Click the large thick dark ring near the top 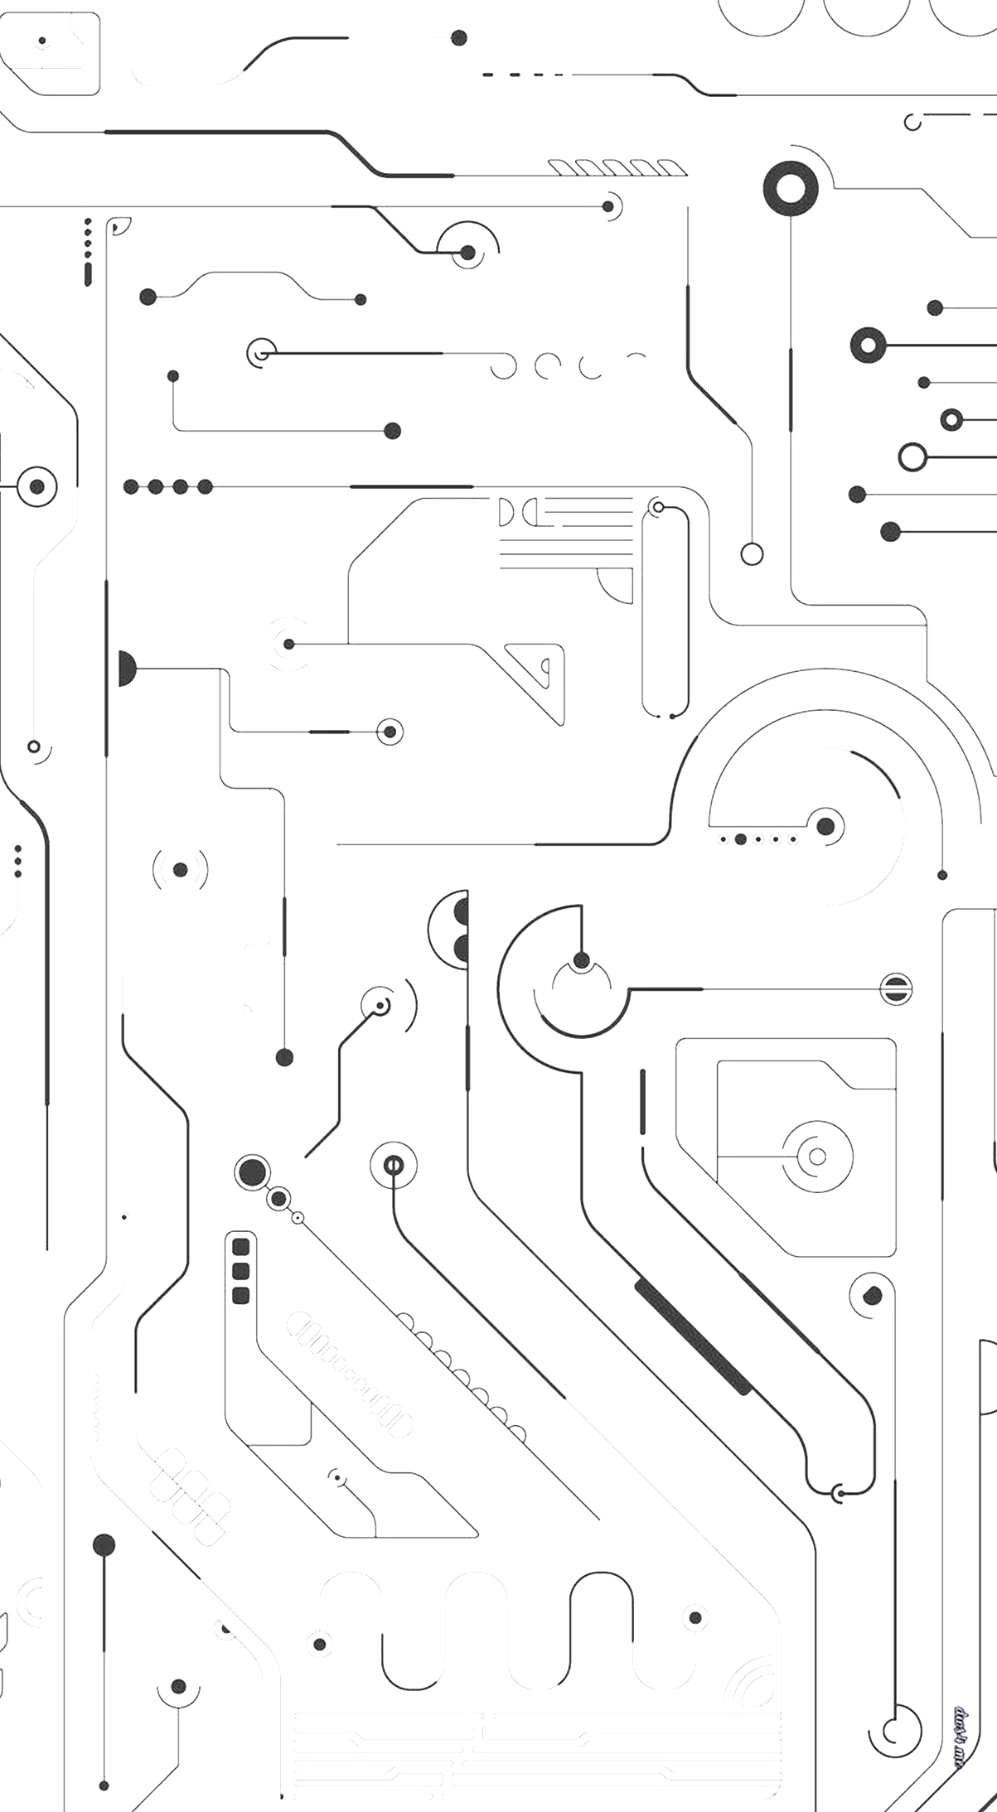coord(791,189)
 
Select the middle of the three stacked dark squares coord(241,1271)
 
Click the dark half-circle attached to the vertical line coord(126,669)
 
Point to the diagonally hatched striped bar coord(617,168)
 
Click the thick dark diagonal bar coord(692,1336)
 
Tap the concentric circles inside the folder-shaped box coord(817,1156)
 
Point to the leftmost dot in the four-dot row coord(131,486)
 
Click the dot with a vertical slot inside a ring coord(394,1166)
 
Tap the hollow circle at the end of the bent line coord(752,553)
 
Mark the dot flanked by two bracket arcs coord(180,870)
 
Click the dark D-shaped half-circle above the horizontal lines coord(506,513)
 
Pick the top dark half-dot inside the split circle coord(461,911)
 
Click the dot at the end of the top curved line coord(458,37)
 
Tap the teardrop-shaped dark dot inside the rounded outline coord(872,1295)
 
